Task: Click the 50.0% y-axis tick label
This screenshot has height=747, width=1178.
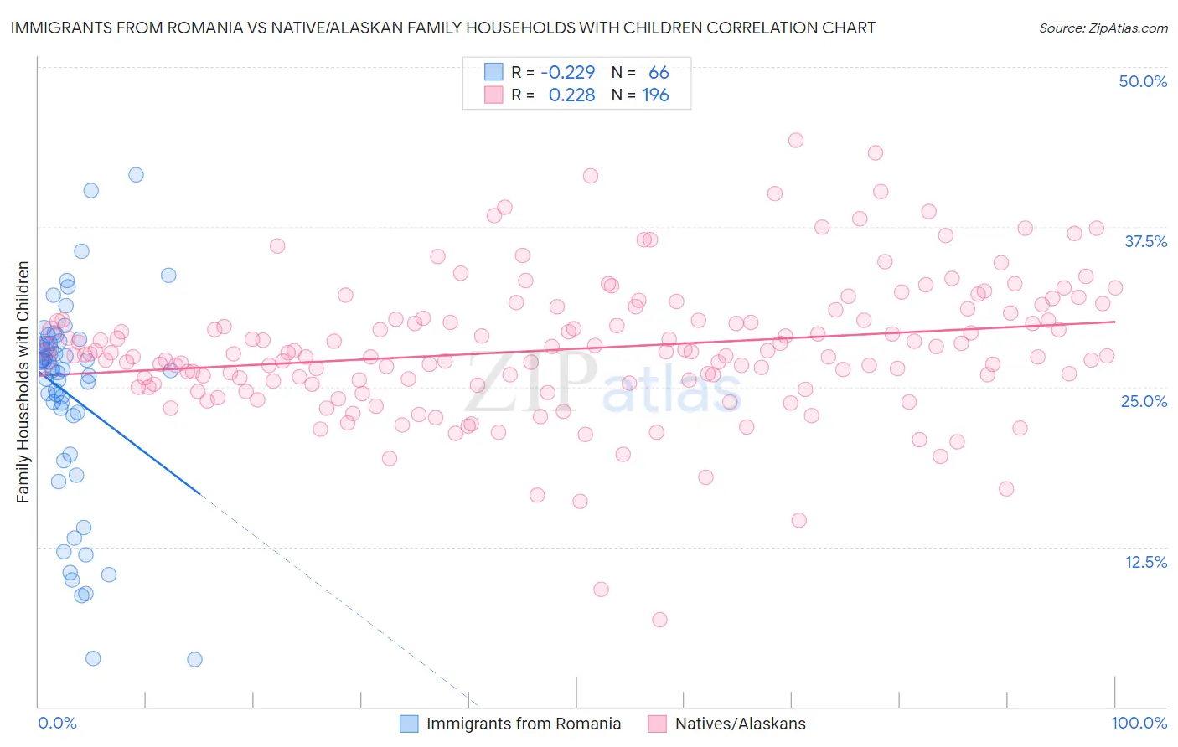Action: tap(1143, 81)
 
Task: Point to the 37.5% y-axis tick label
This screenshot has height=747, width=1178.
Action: tap(1145, 241)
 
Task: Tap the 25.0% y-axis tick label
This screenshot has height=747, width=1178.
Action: tap(1144, 401)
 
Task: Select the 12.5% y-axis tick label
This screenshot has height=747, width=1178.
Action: tap(1145, 562)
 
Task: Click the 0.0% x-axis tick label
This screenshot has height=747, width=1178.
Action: tap(57, 723)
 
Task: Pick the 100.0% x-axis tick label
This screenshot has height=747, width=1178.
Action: tap(1139, 723)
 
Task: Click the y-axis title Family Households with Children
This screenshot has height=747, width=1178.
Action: tap(23, 382)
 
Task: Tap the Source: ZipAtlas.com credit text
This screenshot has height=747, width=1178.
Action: tap(1103, 28)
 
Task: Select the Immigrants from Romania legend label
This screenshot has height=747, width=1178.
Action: tap(524, 724)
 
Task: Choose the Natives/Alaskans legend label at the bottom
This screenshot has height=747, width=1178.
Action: tap(740, 724)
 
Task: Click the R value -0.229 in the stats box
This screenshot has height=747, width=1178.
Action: tap(568, 72)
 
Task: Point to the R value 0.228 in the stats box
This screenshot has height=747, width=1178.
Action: tap(571, 95)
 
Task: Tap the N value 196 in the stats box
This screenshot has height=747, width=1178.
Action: tap(655, 95)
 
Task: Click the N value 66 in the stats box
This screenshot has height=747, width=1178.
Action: tap(659, 72)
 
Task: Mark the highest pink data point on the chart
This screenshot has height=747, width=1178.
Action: tap(796, 140)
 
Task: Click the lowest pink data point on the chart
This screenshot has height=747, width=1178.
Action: tap(659, 620)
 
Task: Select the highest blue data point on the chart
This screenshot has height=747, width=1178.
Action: tap(136, 174)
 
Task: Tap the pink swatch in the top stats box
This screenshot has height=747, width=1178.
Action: tap(493, 95)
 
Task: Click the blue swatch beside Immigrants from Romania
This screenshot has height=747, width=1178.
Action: tap(409, 724)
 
